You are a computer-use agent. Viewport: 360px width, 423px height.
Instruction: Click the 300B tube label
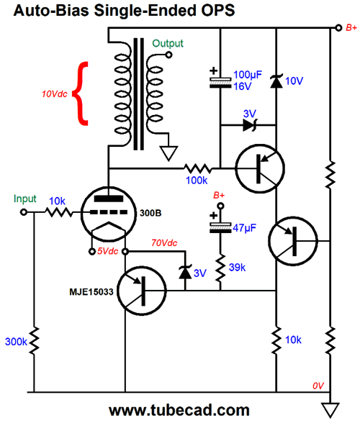(x=150, y=213)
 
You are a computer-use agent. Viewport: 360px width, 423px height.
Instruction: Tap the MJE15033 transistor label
(x=91, y=291)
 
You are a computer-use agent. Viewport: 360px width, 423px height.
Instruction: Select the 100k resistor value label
(x=197, y=180)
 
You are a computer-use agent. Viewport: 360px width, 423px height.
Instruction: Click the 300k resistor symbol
(x=35, y=341)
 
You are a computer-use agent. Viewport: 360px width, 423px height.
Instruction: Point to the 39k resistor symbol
(x=220, y=268)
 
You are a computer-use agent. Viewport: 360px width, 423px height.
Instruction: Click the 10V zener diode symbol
(x=276, y=81)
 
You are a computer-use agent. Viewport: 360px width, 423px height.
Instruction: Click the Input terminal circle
(x=24, y=212)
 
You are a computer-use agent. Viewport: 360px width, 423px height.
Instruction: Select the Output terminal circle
(x=168, y=55)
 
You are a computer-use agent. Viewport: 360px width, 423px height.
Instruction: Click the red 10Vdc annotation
(x=54, y=94)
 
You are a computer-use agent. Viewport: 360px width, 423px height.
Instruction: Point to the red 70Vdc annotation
(x=164, y=243)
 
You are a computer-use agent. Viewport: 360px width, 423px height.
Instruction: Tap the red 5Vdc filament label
(x=107, y=252)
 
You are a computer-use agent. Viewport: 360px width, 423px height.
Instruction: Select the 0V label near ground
(x=318, y=386)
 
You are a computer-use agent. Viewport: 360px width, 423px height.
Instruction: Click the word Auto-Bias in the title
(x=51, y=11)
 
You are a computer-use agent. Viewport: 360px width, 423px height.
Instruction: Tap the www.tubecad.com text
(x=179, y=411)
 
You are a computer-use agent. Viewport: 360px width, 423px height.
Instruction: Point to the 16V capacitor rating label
(x=242, y=86)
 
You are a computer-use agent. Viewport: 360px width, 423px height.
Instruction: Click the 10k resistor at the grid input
(x=58, y=212)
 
